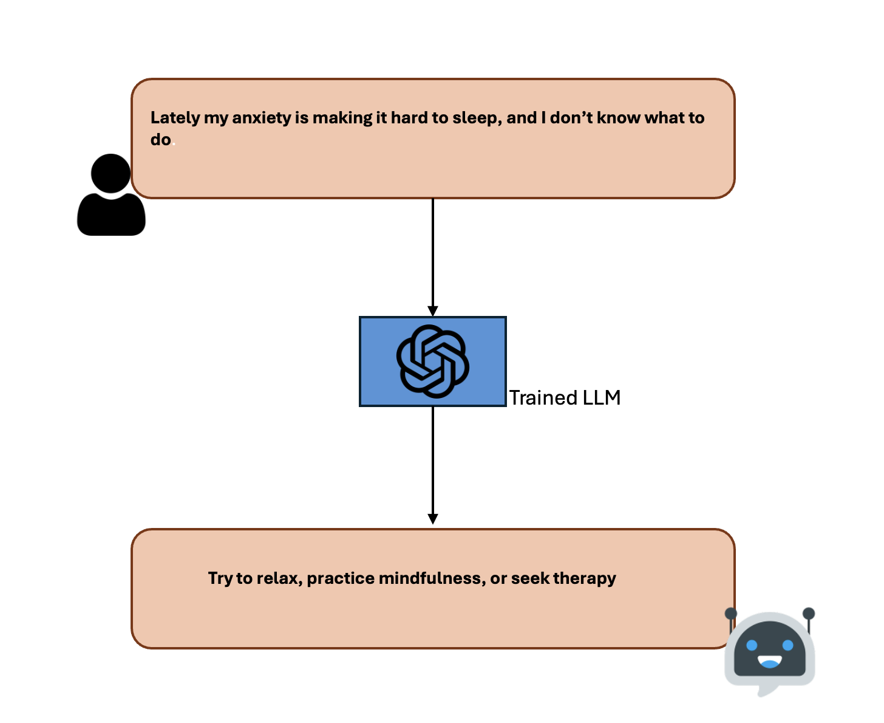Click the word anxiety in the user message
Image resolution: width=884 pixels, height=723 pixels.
[x=262, y=118]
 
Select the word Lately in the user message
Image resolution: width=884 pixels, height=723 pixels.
[x=175, y=118]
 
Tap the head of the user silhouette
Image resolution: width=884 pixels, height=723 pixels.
[x=111, y=173]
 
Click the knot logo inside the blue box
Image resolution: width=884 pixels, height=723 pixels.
[x=432, y=361]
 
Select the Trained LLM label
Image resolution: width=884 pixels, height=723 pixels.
[x=565, y=397]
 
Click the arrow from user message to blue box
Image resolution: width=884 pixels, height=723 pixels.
[x=433, y=255]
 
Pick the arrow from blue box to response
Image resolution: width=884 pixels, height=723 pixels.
[x=433, y=465]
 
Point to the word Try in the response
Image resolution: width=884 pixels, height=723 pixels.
[x=220, y=578]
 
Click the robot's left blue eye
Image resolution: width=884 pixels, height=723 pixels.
[x=752, y=645]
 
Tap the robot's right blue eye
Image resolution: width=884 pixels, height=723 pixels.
[x=788, y=645]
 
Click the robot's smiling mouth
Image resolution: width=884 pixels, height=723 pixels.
[x=770, y=662]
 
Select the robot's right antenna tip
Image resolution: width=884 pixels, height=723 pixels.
[x=808, y=612]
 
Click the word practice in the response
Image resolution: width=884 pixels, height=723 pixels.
[x=341, y=578]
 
